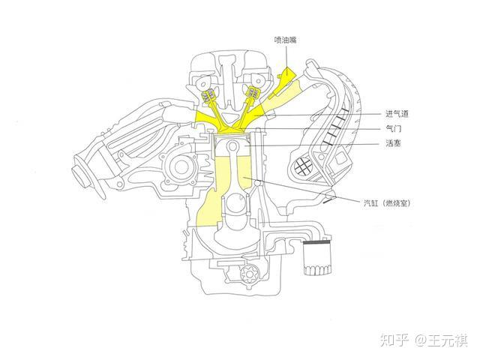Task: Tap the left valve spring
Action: (208, 96)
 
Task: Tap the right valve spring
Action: (253, 94)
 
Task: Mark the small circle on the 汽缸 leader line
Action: (258, 182)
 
